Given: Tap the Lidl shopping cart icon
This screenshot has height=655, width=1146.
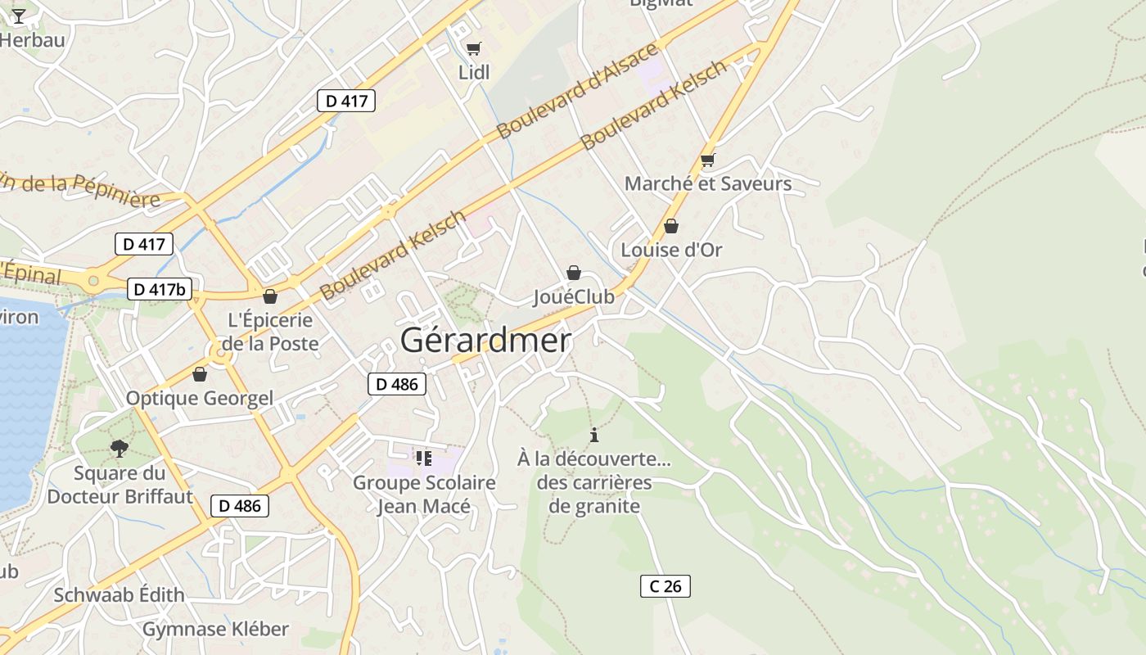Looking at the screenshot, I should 473,48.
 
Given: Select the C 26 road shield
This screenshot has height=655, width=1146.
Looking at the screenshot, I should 665,586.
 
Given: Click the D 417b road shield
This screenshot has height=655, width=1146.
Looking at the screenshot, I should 160,289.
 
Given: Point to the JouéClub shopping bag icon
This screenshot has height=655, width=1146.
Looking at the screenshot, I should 574,273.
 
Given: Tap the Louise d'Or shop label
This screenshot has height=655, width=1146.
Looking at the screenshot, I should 671,250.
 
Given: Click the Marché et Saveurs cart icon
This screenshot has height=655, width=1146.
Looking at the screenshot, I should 707,160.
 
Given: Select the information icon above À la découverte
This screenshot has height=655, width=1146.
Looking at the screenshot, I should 594,435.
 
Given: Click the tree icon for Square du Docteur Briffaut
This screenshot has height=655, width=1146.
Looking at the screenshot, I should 120,448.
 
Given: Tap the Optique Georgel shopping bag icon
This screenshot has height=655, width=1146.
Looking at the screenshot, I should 199,375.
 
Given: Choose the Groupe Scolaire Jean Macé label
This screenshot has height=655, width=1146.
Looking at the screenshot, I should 424,495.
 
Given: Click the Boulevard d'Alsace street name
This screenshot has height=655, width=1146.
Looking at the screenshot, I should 577,90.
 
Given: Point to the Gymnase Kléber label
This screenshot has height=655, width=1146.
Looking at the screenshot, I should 215,629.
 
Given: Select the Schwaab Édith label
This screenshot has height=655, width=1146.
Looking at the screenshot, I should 119,594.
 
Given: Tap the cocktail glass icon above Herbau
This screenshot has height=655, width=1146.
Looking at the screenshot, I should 18,14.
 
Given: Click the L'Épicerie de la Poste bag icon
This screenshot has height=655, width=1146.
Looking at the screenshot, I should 270,296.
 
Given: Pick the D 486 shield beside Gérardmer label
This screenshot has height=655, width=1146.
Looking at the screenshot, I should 397,384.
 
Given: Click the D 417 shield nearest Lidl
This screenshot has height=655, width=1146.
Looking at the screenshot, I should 346,101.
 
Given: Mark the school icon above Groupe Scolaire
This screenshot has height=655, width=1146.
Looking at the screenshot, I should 423,458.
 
